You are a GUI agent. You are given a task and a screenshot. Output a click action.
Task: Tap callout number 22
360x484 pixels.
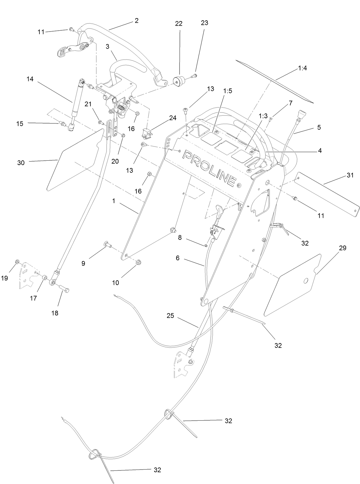[179, 24]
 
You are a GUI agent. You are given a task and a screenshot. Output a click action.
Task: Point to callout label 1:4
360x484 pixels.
[303, 68]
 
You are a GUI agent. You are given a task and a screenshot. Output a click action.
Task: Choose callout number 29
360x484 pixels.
[343, 248]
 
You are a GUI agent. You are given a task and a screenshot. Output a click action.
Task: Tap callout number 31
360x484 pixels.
[350, 175]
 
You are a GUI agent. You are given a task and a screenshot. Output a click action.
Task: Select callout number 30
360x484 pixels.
[21, 162]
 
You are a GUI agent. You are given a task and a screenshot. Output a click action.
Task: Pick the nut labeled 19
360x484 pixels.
[17, 261]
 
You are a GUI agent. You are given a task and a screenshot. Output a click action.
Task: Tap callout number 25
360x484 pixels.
[170, 316]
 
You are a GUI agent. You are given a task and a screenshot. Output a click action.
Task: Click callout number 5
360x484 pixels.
[319, 127]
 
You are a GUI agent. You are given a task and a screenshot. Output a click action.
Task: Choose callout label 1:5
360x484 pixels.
[228, 91]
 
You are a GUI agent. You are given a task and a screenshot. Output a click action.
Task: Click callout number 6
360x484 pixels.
[177, 258]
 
